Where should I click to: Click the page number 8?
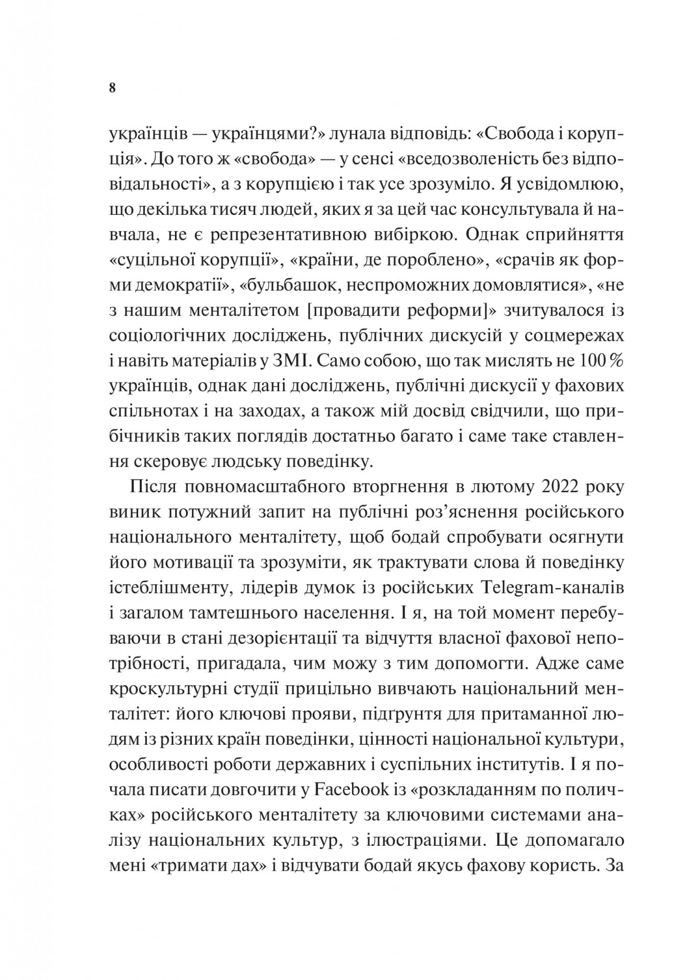[x=113, y=88]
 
